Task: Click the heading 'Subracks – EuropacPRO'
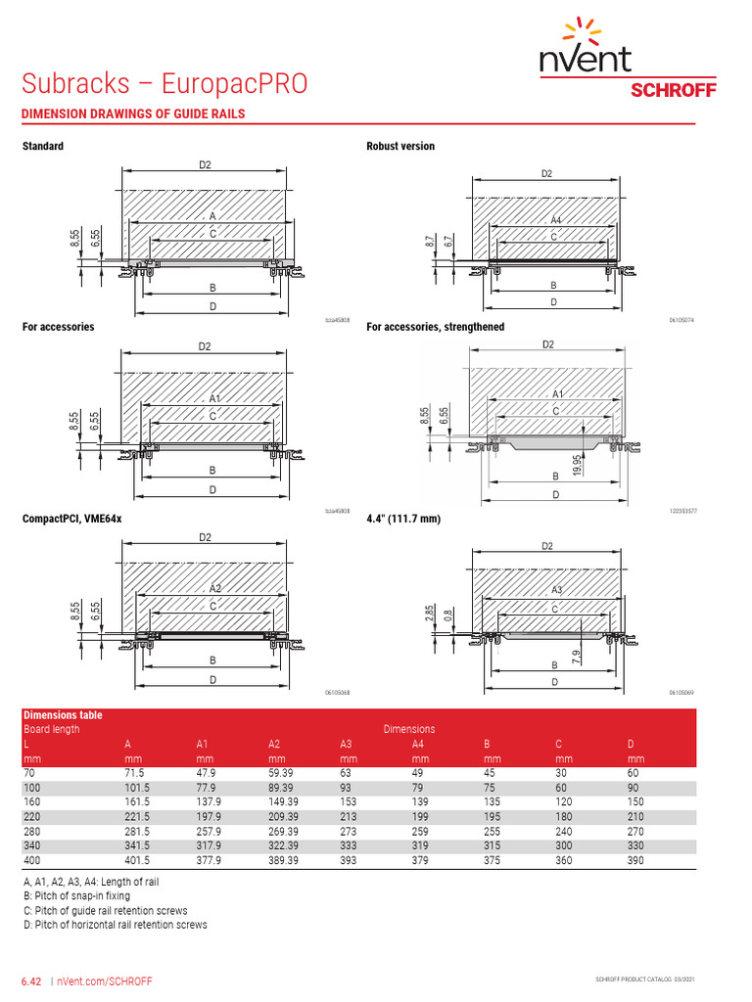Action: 164,83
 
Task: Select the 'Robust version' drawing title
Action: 400,146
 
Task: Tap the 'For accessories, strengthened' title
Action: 436,327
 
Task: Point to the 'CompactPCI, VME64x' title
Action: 72,518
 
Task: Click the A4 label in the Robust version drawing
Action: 556,221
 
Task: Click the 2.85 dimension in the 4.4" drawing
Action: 429,614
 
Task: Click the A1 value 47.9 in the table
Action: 206,774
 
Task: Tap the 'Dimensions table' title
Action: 63,715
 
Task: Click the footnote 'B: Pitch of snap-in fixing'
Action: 87,895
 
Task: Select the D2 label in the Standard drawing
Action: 205,165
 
